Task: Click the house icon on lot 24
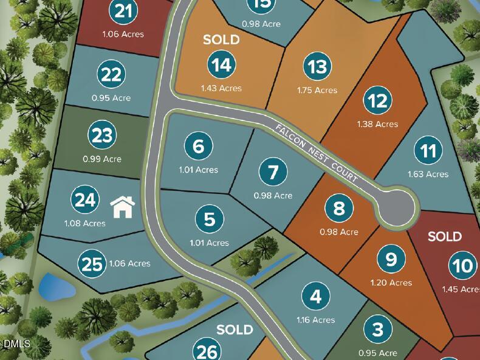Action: click(123, 207)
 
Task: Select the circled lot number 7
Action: click(273, 172)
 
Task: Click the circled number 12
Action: click(378, 100)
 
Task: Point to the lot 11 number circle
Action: click(428, 150)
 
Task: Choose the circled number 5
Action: click(210, 219)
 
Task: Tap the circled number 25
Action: click(92, 264)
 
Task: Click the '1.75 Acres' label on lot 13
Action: click(317, 90)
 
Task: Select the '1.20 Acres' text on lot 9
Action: click(391, 282)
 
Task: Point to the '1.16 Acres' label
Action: click(315, 320)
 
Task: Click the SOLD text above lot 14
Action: click(221, 40)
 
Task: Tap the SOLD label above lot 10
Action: click(445, 236)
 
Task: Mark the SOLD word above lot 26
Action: click(235, 330)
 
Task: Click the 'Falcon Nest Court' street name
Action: click(319, 156)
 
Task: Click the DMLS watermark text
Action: click(16, 344)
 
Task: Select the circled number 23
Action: click(102, 136)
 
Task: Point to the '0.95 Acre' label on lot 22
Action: click(111, 98)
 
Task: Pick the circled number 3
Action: click(378, 330)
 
